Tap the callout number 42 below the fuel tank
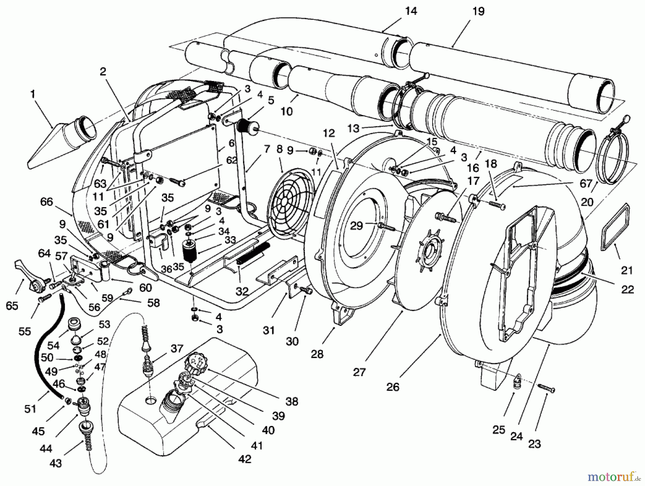tap(245, 459)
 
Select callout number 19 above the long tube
tap(478, 11)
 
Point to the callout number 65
tap(12, 306)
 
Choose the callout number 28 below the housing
tap(317, 354)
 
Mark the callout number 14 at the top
tap(411, 11)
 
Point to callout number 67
tap(586, 184)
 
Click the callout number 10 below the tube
tap(287, 111)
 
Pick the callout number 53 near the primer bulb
tap(104, 324)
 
